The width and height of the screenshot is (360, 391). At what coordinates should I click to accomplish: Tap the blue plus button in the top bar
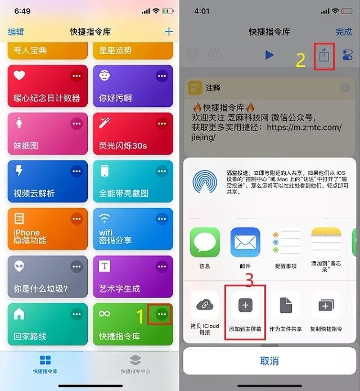[x=169, y=32]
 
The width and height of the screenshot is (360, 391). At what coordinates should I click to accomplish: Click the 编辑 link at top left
[x=16, y=32]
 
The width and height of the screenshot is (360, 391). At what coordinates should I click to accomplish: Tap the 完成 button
[x=344, y=32]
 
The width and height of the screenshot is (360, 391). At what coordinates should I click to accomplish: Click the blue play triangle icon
[x=269, y=55]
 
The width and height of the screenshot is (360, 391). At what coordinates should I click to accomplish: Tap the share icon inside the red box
[x=324, y=55]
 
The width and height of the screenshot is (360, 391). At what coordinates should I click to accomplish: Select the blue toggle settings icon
[x=348, y=55]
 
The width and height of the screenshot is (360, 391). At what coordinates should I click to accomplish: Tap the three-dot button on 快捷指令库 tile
[x=162, y=314]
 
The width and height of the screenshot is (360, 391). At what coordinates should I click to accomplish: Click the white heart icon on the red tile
[x=19, y=75]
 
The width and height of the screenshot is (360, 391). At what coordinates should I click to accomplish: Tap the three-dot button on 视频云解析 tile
[x=76, y=172]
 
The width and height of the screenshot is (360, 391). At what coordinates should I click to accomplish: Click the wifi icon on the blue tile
[x=105, y=218]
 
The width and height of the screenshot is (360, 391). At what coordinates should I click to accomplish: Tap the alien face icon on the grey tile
[x=19, y=266]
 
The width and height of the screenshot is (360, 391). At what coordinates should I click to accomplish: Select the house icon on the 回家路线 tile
[x=19, y=314]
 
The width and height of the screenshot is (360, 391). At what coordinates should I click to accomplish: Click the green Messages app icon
[x=205, y=242]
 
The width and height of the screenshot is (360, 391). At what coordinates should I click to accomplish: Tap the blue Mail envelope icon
[x=245, y=242]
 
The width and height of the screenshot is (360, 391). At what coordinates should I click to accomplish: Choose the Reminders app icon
[x=286, y=242]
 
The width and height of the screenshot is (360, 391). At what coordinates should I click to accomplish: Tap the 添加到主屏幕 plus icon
[x=245, y=305]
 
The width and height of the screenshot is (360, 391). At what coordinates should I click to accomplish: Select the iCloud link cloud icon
[x=205, y=305]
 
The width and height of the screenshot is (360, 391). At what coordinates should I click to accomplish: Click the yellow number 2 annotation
[x=301, y=60]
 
